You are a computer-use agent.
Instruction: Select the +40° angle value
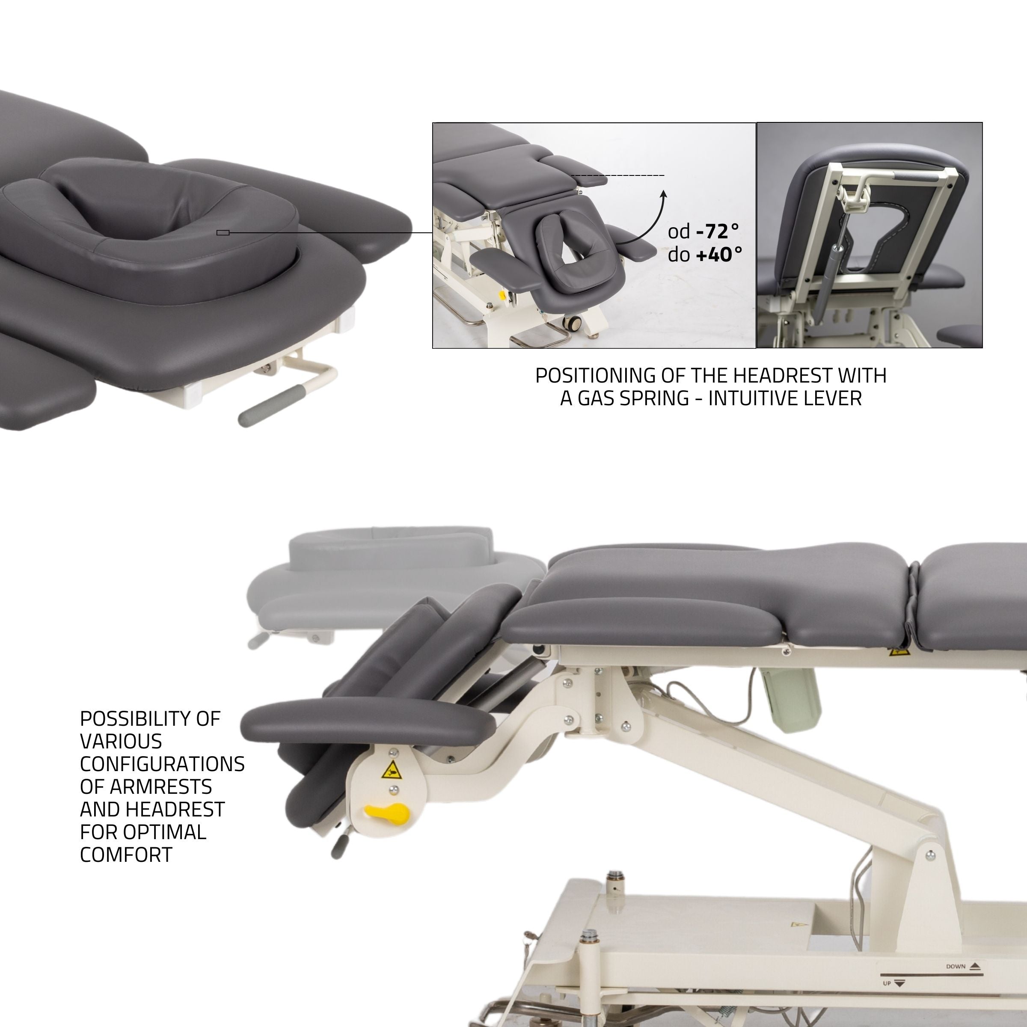tap(719, 255)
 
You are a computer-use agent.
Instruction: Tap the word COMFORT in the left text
tap(126, 854)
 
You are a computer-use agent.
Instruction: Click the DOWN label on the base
tap(955, 966)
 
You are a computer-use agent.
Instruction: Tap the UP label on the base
tap(887, 983)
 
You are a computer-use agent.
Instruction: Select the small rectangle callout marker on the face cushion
tap(223, 232)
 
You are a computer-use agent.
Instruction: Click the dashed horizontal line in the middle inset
tap(617, 175)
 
